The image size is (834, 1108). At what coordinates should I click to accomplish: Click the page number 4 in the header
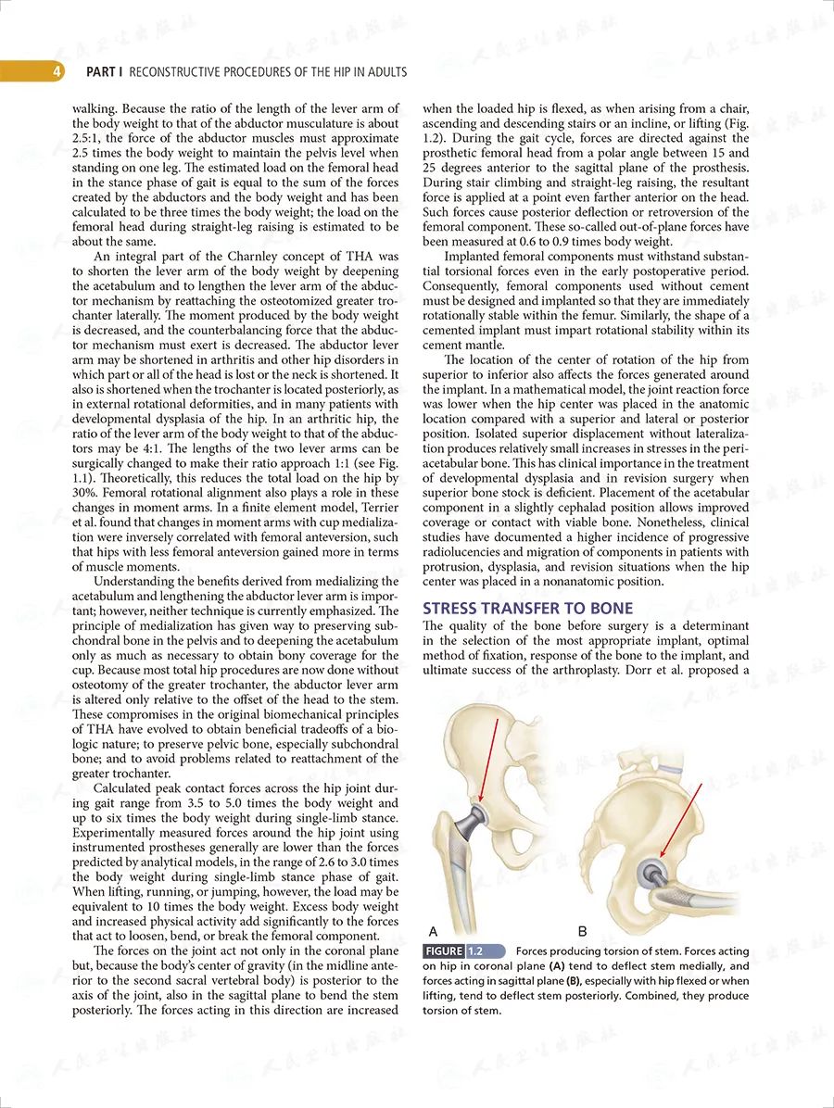[57, 71]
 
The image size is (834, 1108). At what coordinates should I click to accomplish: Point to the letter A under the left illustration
[433, 929]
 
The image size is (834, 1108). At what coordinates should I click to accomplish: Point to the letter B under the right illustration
[583, 929]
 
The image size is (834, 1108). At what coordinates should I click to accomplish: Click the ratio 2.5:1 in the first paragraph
[88, 137]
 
